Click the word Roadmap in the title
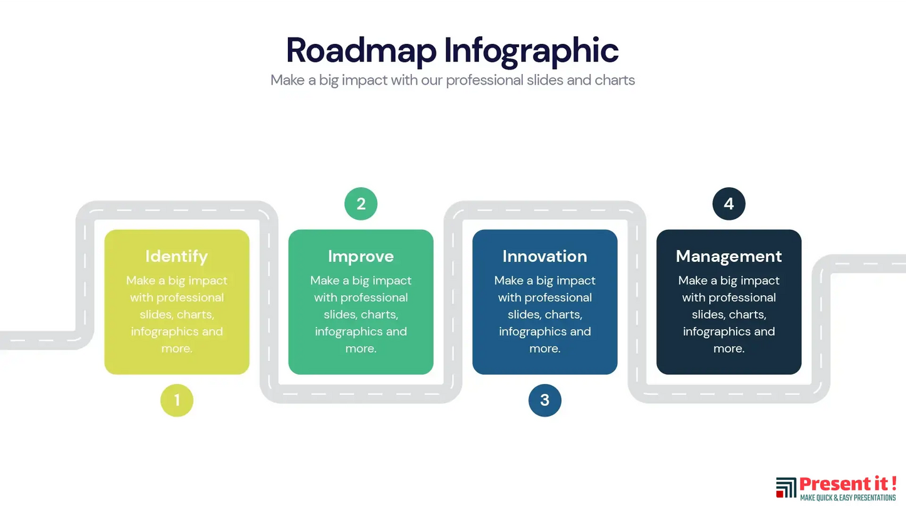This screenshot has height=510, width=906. click(361, 51)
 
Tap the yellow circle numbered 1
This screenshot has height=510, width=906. click(177, 400)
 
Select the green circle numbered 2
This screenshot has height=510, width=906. click(361, 204)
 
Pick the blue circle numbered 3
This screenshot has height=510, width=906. click(545, 400)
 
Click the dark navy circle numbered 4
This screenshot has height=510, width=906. click(729, 204)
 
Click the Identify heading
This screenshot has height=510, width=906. click(177, 257)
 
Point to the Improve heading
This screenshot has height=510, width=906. click(361, 257)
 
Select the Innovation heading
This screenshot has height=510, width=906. click(545, 256)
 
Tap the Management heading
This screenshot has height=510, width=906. click(729, 257)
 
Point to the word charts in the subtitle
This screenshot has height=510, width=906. click(615, 80)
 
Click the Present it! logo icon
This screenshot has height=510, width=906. click(786, 487)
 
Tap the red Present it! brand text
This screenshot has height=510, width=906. click(848, 484)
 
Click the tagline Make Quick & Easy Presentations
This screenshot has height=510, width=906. click(848, 498)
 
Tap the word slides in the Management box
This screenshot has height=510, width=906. click(706, 315)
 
